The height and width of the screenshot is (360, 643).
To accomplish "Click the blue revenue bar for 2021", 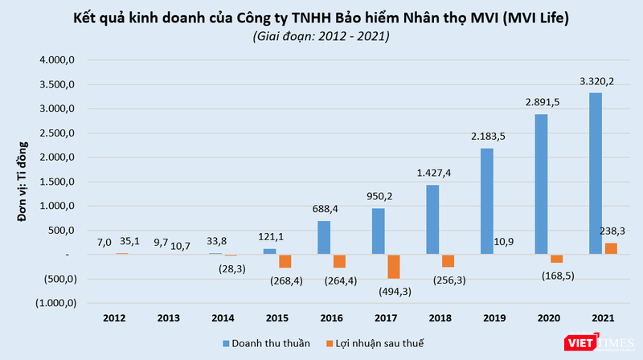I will pos(596,174).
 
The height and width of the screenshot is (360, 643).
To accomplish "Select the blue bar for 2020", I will pos(543,184).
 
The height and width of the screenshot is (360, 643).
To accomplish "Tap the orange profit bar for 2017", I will pos(394,266).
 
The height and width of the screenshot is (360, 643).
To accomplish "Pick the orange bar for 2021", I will pos(611,248).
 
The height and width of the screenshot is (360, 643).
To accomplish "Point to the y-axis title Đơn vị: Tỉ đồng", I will pos(23,182).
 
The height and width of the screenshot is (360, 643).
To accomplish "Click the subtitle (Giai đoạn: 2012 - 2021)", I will pos(321,36).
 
